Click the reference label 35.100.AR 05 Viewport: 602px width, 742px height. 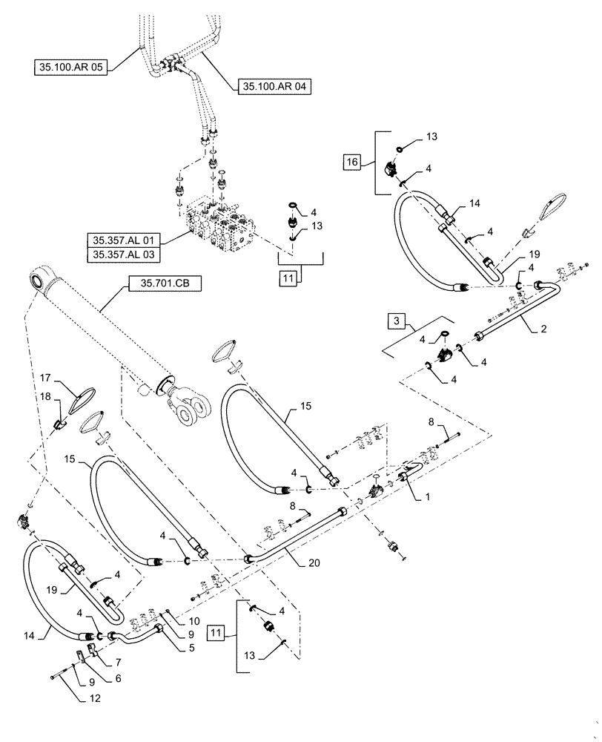pos(72,67)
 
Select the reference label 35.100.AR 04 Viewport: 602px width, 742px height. pos(274,87)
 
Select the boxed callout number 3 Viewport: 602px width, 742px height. pos(397,321)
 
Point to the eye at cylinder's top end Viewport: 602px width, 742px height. pos(38,283)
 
